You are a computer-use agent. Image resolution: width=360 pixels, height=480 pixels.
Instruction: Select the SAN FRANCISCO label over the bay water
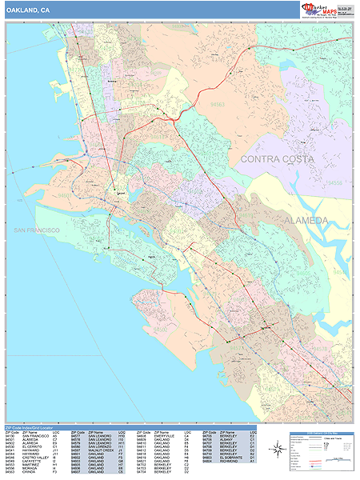pyautogui.click(x=36, y=230)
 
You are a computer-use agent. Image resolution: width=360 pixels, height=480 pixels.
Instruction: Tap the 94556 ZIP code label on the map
pyautogui.click(x=337, y=183)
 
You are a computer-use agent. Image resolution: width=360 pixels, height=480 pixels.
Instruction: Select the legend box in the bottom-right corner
pyautogui.click(x=321, y=450)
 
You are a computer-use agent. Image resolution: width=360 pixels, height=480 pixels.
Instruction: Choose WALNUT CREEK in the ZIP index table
pyautogui.click(x=100, y=454)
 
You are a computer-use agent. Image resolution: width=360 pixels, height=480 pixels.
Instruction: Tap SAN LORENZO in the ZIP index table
pyautogui.click(x=100, y=449)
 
